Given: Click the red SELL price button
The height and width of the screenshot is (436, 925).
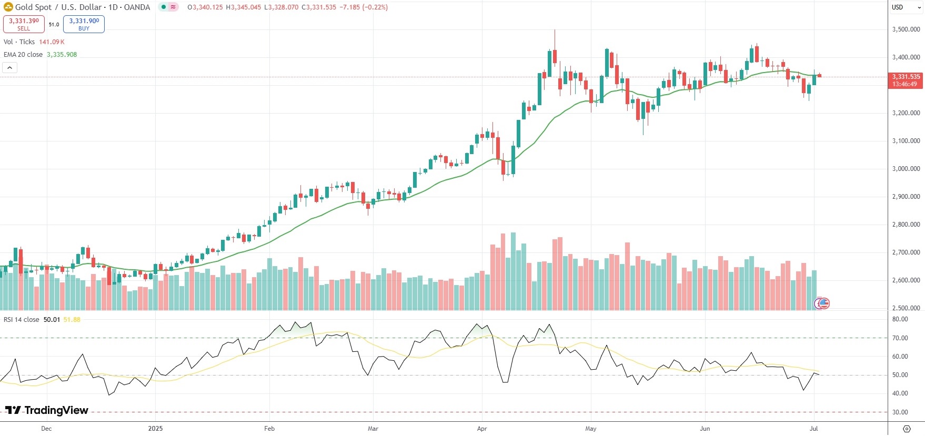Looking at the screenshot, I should (24, 24).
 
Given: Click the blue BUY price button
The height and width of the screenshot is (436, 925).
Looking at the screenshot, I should (84, 24).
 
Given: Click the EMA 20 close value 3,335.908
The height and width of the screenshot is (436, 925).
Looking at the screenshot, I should (62, 55).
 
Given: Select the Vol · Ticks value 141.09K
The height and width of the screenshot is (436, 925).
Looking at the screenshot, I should (52, 42).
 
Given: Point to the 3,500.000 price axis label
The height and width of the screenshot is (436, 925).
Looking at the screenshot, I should (906, 29).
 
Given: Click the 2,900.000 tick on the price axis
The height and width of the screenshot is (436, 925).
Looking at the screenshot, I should (906, 197).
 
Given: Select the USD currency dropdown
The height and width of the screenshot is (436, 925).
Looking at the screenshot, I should (906, 7).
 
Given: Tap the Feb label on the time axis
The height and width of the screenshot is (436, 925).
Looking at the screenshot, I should (269, 429).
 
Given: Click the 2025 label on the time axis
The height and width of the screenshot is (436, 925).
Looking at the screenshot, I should (155, 429).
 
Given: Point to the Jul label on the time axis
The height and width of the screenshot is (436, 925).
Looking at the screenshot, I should (813, 429).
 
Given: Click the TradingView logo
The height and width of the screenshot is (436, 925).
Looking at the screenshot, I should (47, 410).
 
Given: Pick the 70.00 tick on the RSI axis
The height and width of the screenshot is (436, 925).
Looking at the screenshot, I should (900, 338).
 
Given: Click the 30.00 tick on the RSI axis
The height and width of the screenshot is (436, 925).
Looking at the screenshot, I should (900, 412).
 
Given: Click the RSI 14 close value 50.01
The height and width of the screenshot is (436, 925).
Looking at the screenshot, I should (52, 320).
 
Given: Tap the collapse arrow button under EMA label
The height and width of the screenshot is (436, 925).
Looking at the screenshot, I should (10, 67).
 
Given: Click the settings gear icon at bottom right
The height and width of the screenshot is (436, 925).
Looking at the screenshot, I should (906, 429).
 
